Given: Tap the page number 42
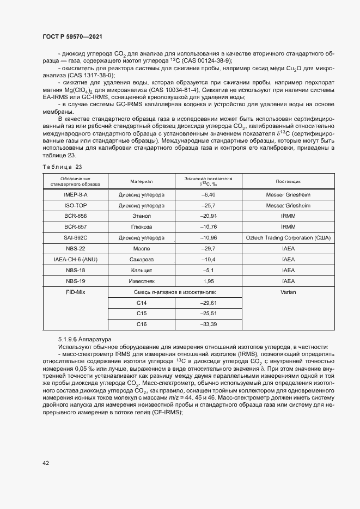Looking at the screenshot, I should (46, 463).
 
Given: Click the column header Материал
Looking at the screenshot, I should (142, 181).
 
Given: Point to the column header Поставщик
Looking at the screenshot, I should (288, 181).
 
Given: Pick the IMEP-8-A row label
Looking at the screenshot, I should (76, 194).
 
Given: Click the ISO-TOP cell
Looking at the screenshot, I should (76, 205).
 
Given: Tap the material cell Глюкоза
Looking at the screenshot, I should (142, 227).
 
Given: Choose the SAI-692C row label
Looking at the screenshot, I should (76, 238).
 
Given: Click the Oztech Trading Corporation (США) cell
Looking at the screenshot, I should (288, 238).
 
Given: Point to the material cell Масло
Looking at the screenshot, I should (142, 249).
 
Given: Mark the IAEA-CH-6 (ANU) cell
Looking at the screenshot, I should (76, 260).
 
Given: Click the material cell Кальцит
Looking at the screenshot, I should (142, 271).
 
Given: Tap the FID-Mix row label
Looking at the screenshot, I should (76, 292).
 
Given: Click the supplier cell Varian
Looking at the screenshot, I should (288, 292).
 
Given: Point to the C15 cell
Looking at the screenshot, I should (142, 314).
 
